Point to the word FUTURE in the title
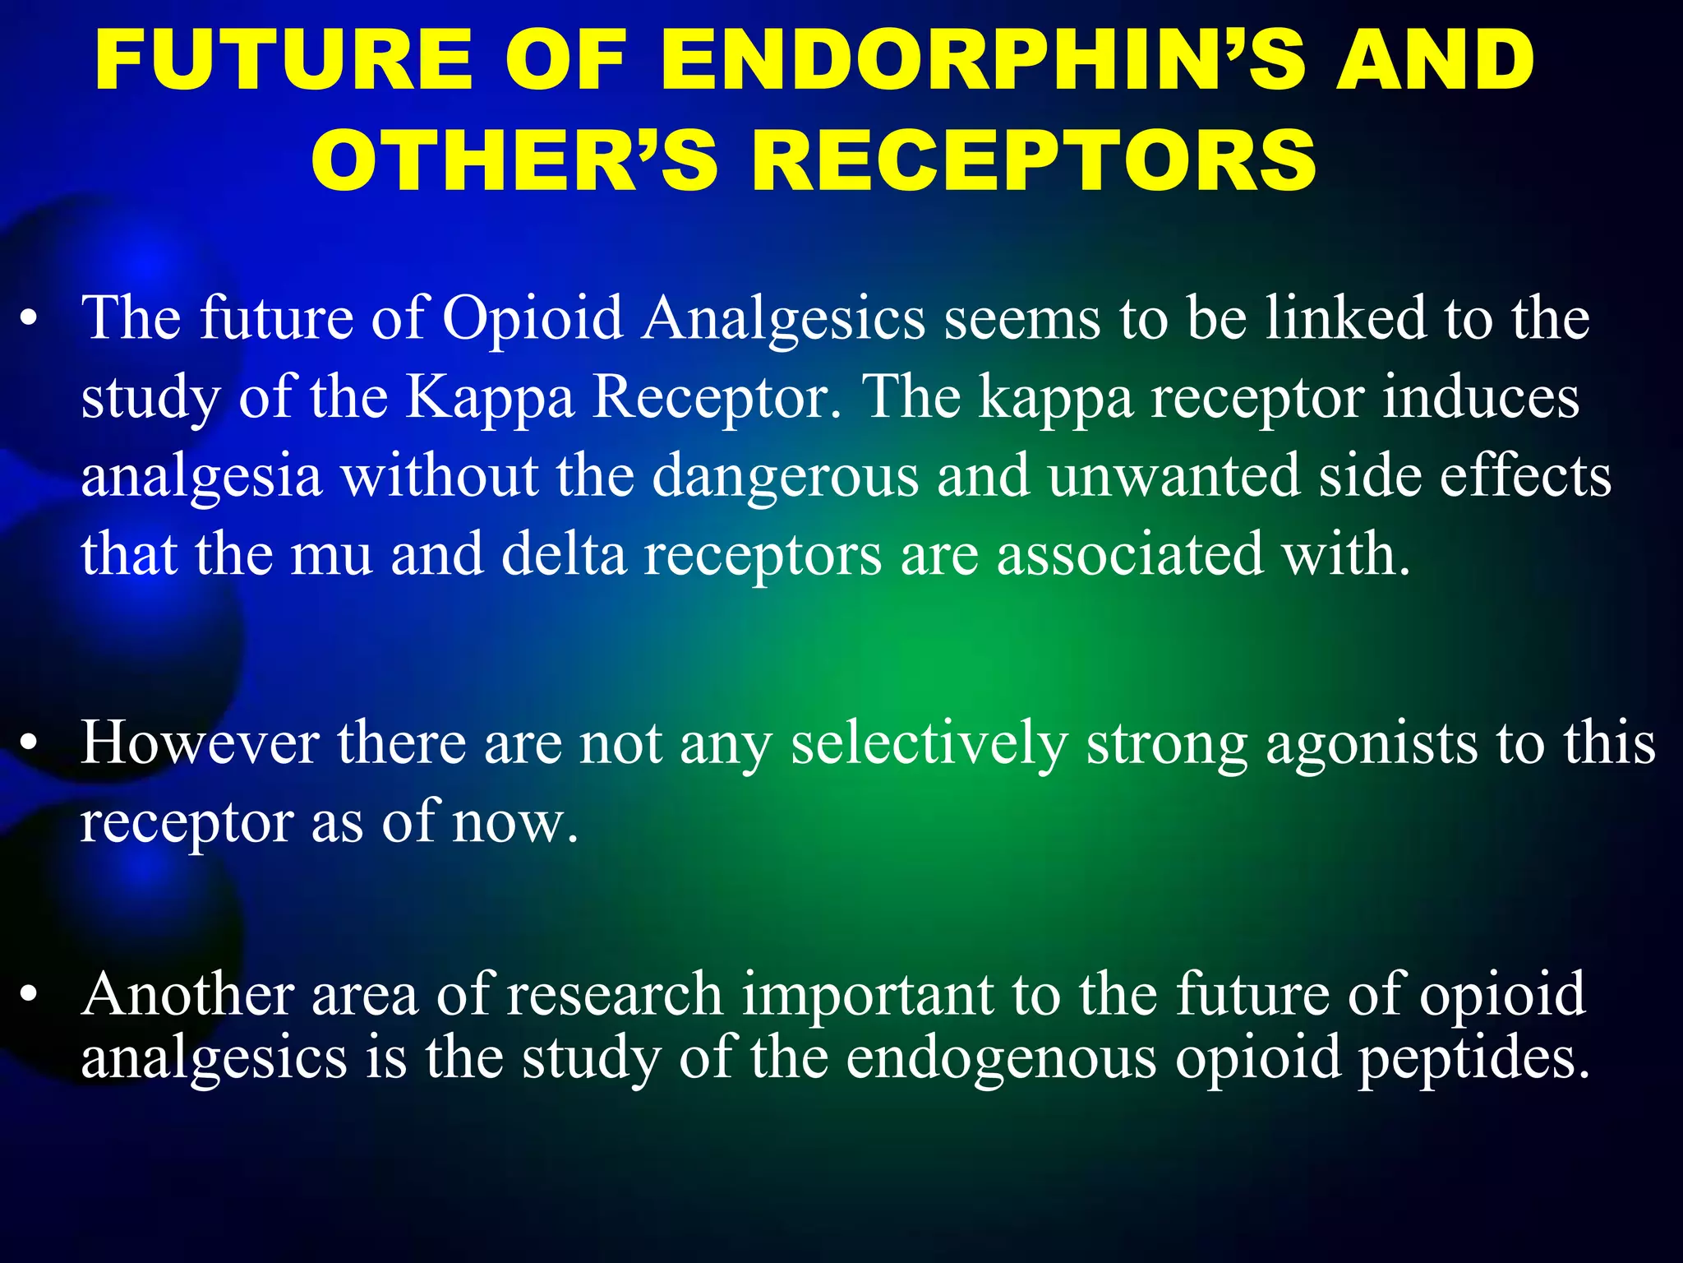(x=283, y=60)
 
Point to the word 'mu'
(x=332, y=556)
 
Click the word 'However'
(x=200, y=743)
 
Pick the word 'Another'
(x=187, y=994)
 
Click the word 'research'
(x=614, y=994)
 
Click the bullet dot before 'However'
(x=30, y=745)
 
